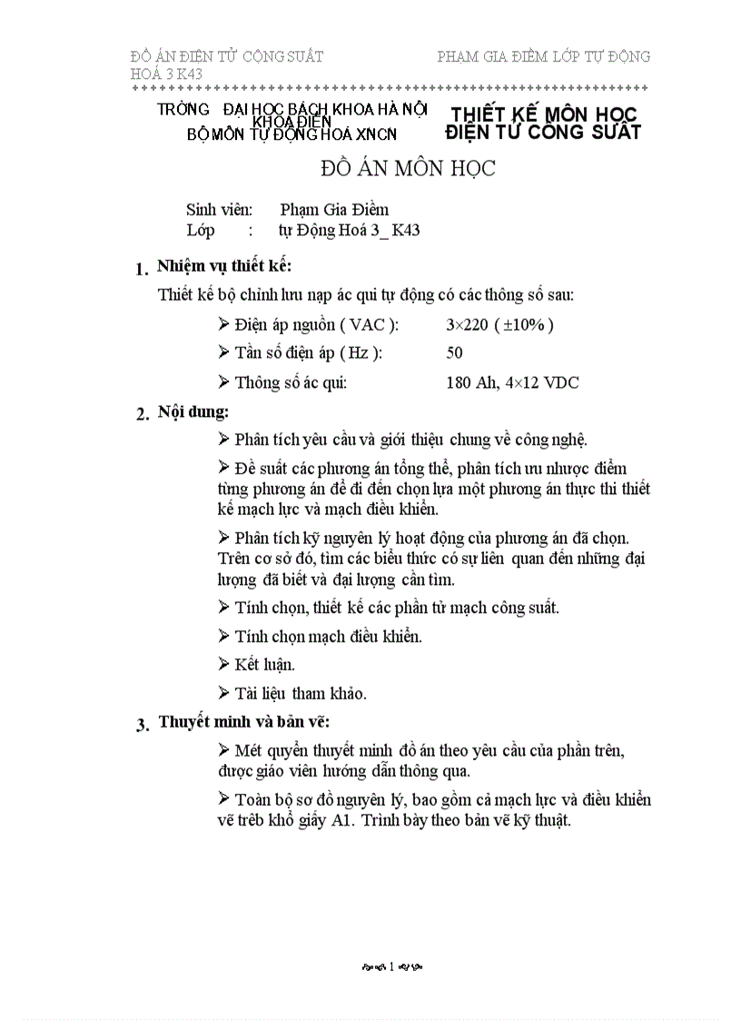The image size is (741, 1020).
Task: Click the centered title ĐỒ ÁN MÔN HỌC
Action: pyautogui.click(x=408, y=170)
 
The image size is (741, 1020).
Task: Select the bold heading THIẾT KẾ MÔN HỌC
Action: pyautogui.click(x=544, y=114)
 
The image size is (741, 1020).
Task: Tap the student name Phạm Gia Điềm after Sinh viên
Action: pyautogui.click(x=334, y=210)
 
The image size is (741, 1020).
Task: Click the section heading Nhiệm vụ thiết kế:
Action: pyautogui.click(x=224, y=266)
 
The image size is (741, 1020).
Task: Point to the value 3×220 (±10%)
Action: pyautogui.click(x=499, y=324)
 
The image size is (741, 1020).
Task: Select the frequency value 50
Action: pyautogui.click(x=455, y=353)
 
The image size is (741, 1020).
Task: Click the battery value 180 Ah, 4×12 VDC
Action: pyautogui.click(x=512, y=382)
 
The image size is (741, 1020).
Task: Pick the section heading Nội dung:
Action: pyautogui.click(x=193, y=411)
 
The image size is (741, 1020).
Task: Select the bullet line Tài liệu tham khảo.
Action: pyautogui.click(x=288, y=693)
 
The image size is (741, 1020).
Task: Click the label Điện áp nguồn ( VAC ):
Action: pyautogui.click(x=316, y=324)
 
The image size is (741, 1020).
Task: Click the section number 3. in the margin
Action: pyautogui.click(x=142, y=725)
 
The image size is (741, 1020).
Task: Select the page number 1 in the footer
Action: pyautogui.click(x=391, y=968)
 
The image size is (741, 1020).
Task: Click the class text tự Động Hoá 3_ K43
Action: pyautogui.click(x=350, y=230)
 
